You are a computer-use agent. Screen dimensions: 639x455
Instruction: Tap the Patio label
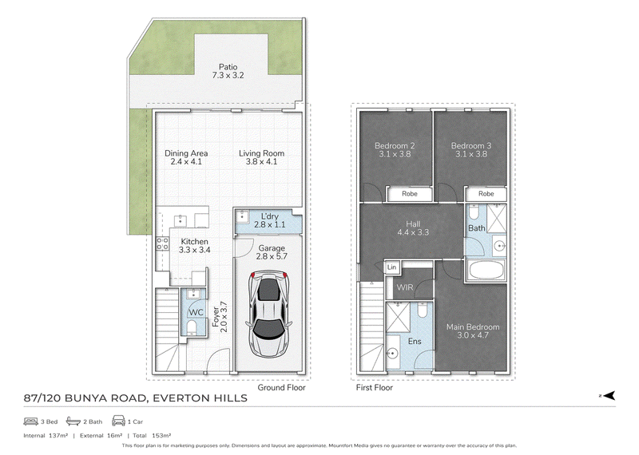pos(228,67)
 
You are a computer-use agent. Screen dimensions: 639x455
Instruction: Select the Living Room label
pos(261,153)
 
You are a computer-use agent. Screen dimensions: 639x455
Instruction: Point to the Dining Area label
pos(186,153)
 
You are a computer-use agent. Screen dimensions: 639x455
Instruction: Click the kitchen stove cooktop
pos(163,244)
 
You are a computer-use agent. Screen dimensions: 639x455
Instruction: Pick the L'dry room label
pos(270,216)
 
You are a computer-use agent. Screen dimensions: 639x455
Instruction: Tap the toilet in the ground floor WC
pos(192,326)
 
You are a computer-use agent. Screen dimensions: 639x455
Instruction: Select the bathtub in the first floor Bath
pos(486,270)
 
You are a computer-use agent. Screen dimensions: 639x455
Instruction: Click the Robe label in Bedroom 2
pos(410,194)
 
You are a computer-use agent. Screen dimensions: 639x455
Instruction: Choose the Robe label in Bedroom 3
pos(486,194)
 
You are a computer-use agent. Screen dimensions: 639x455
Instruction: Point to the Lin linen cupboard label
pos(391,267)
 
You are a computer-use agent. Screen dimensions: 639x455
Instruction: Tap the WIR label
pos(405,287)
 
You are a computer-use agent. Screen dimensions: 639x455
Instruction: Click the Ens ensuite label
pos(415,341)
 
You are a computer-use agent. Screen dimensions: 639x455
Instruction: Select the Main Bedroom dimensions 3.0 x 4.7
pos(473,335)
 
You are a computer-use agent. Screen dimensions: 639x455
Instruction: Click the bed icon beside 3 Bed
pos(31,421)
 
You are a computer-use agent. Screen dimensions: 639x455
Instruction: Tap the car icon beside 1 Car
pos(118,421)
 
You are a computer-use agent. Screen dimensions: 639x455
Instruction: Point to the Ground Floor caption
pos(281,387)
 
